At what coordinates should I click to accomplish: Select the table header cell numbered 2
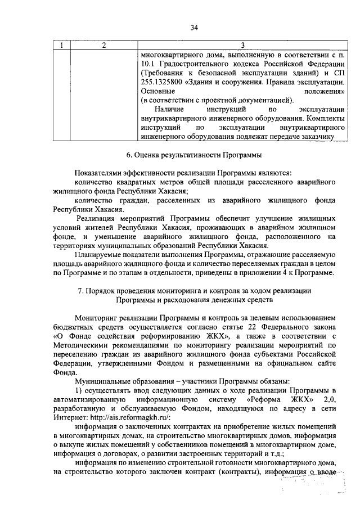click(103, 45)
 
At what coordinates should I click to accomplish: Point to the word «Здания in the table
click(214, 82)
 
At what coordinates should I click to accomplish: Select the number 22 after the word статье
click(253, 328)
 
